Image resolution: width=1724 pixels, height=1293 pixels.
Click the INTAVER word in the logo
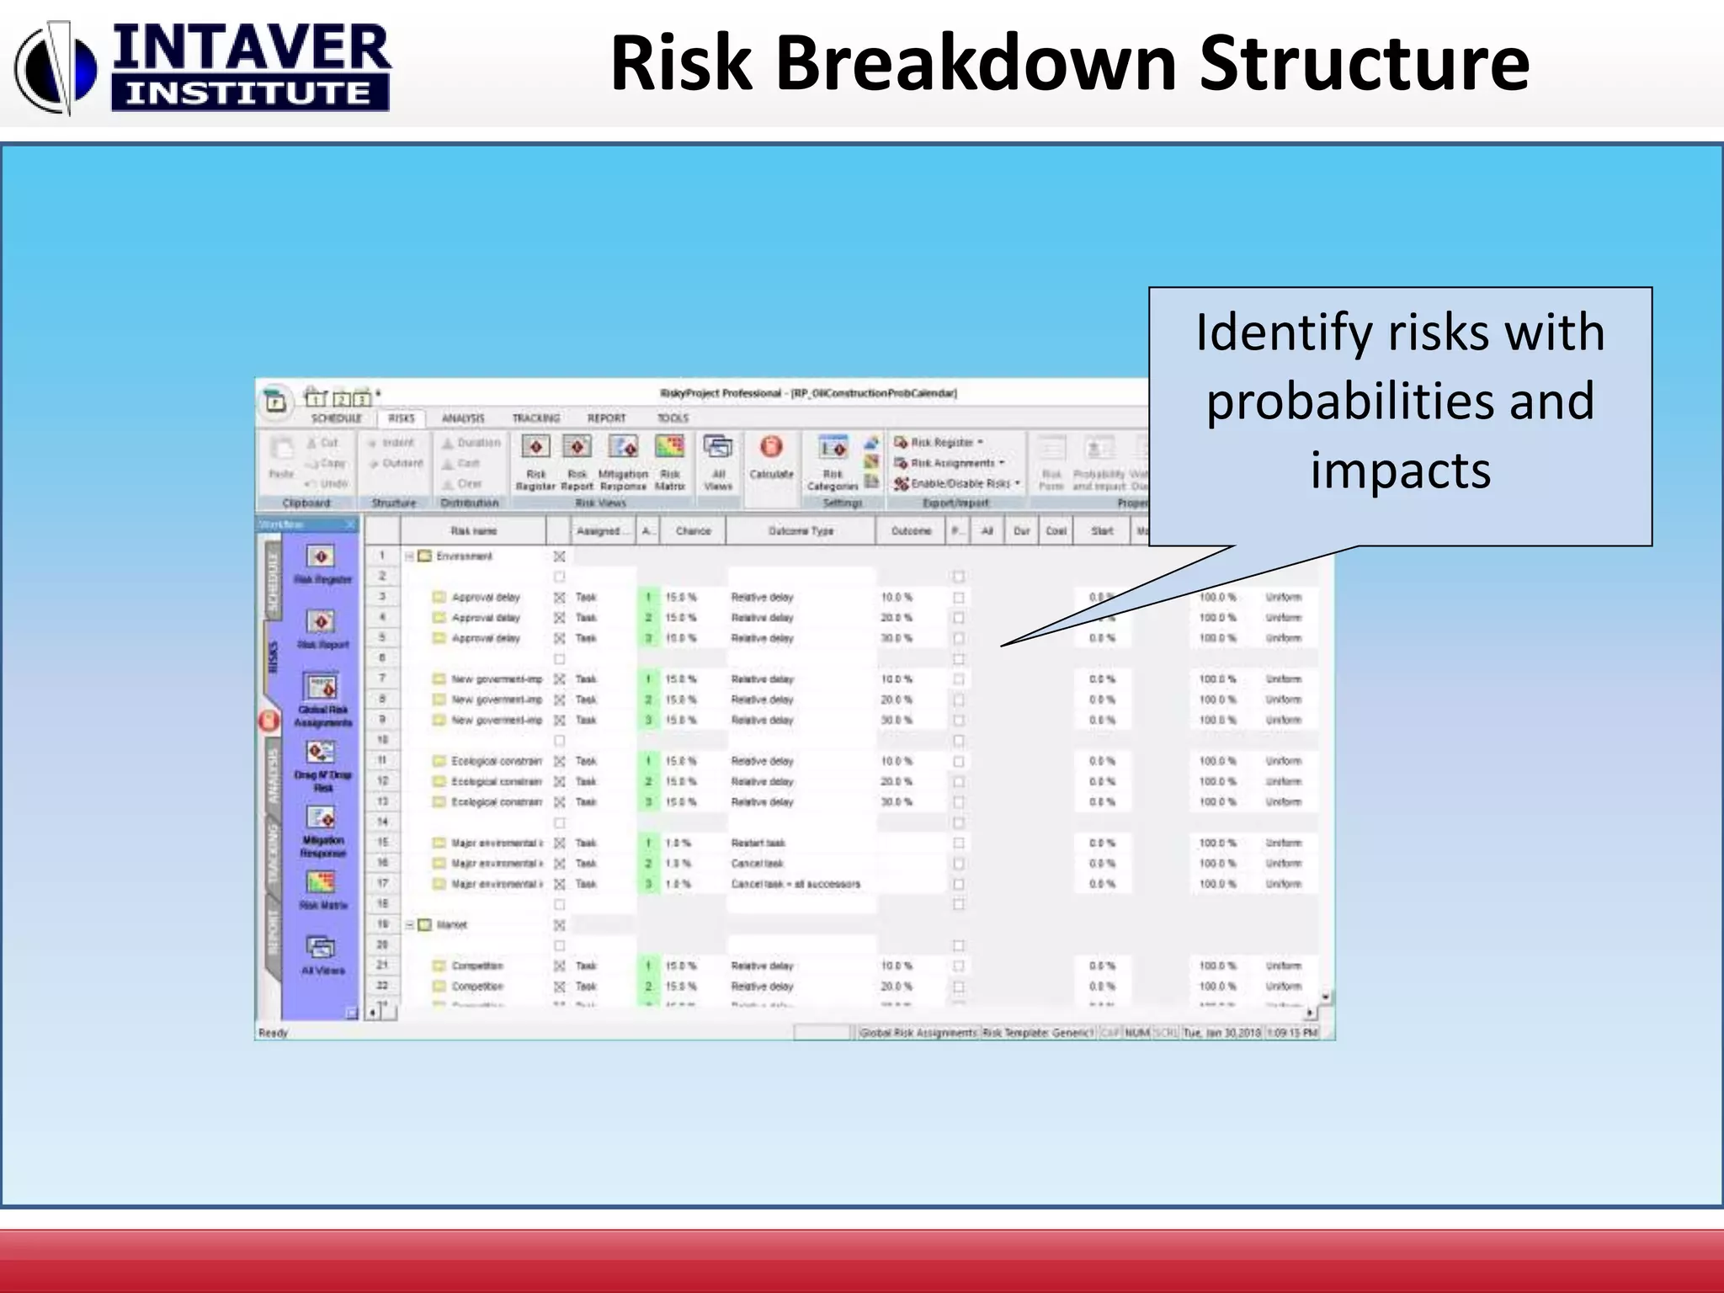click(251, 48)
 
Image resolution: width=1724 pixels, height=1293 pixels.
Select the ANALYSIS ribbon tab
click(463, 418)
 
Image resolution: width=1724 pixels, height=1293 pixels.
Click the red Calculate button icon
click(771, 447)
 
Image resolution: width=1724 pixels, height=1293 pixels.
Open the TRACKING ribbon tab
click(536, 418)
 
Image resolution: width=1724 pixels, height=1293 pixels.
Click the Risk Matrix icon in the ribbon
click(670, 447)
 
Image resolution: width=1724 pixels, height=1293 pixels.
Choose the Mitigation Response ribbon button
click(623, 447)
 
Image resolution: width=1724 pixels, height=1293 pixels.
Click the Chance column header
click(693, 531)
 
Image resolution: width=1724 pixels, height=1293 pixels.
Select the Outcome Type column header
click(801, 531)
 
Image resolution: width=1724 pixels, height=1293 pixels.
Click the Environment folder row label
click(464, 556)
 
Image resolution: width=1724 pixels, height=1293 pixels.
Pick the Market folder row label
click(452, 925)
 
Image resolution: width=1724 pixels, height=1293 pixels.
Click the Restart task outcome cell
click(758, 843)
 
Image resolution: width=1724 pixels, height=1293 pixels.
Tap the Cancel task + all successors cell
click(795, 884)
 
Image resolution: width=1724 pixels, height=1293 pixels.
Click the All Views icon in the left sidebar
click(321, 949)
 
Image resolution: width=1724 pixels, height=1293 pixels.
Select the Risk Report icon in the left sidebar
click(321, 623)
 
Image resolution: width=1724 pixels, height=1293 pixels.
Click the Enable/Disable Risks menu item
click(960, 483)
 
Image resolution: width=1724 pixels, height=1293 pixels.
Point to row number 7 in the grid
click(382, 678)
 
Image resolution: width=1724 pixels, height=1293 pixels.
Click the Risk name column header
click(473, 531)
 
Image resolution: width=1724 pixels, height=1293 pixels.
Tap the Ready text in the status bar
click(274, 1033)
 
